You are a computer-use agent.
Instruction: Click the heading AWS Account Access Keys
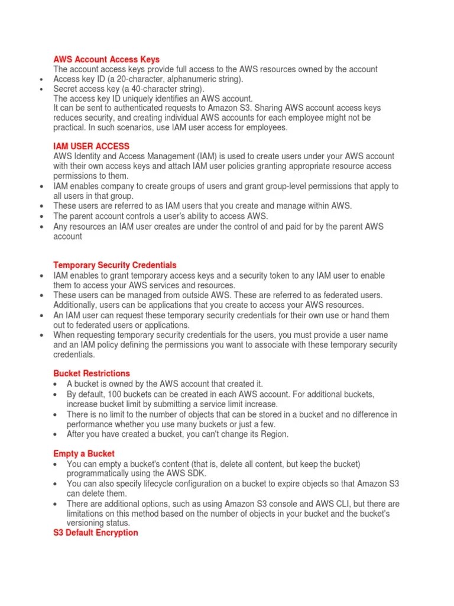tap(106, 59)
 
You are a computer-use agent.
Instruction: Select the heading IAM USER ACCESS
tap(91, 146)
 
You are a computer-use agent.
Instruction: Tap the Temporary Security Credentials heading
tap(115, 265)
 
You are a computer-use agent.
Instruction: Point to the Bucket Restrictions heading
tap(92, 373)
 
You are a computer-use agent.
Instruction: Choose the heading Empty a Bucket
tap(84, 453)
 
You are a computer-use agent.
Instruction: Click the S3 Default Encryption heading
tap(96, 533)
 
